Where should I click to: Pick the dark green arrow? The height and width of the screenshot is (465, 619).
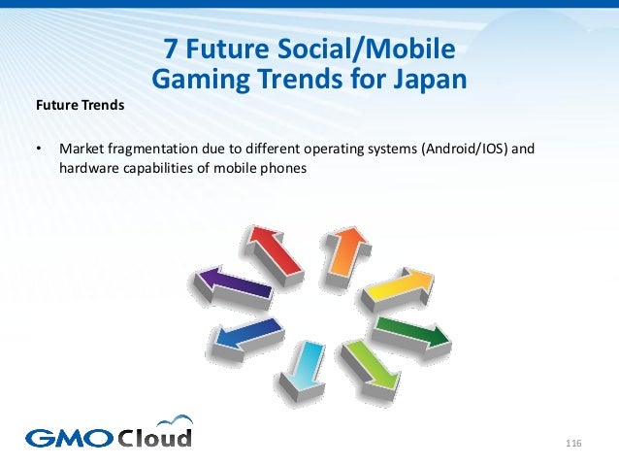411,331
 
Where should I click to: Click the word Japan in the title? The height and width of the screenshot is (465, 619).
427,78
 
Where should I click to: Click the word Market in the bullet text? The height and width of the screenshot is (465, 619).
81,150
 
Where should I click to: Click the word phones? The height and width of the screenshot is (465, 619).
283,169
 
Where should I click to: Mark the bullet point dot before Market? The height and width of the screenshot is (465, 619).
37,150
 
